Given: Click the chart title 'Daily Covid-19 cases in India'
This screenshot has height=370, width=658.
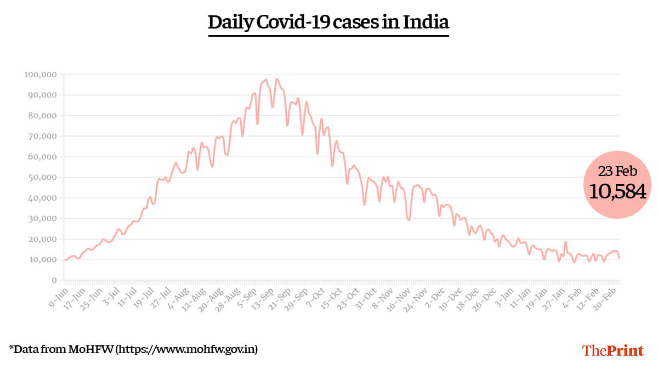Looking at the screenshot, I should (328, 22).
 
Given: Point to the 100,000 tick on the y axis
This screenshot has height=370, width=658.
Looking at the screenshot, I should (40, 75).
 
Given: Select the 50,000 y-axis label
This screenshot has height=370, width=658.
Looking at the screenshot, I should (42, 177).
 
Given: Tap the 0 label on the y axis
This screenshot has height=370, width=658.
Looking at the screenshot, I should (54, 280).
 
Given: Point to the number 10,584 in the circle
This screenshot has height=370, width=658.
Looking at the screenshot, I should (617, 191).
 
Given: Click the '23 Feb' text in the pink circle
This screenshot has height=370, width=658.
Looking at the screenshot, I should (617, 172).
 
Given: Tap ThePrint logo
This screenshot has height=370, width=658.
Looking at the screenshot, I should (612, 350).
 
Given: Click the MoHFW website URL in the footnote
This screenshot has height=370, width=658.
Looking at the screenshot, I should (187, 349).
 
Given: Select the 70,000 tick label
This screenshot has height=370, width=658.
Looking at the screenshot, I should (42, 136).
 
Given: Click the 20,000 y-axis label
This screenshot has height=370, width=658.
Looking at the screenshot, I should (42, 239).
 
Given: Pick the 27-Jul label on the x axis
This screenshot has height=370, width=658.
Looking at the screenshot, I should (162, 294).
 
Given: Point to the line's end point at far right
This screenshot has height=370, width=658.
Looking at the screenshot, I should (619, 258).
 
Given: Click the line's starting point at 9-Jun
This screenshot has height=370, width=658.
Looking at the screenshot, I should (65, 260).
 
